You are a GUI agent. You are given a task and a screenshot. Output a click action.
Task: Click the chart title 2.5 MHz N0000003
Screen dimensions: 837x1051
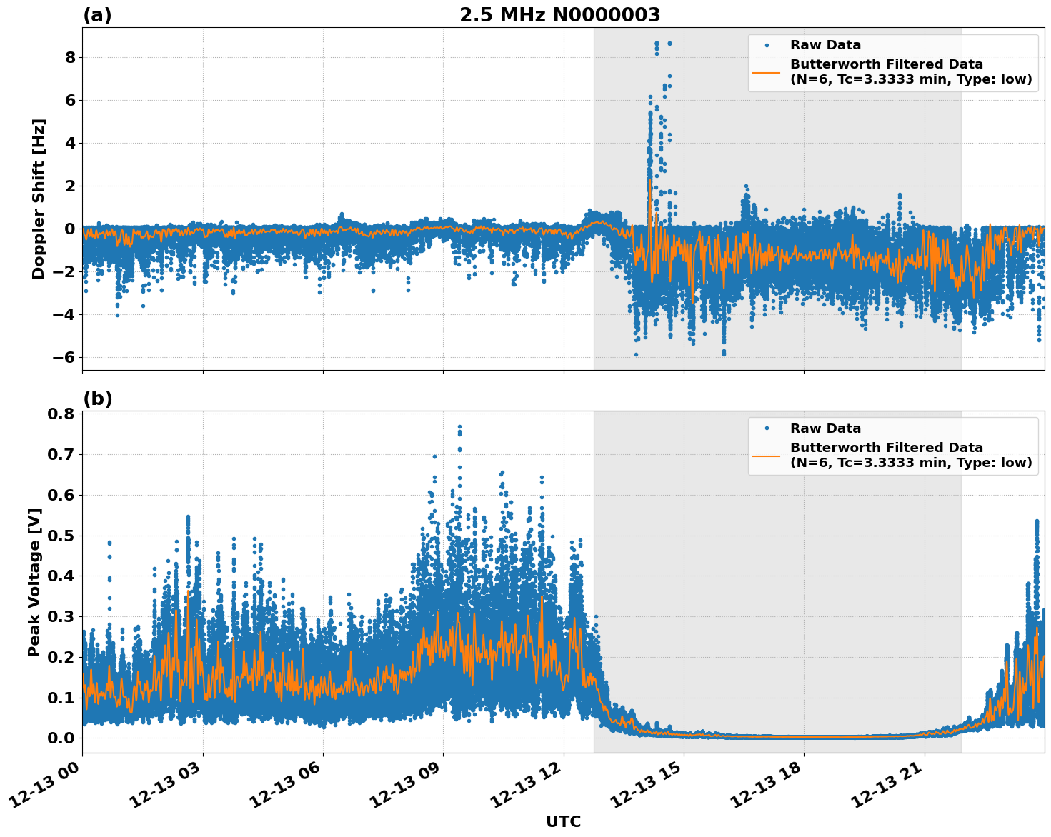click(559, 15)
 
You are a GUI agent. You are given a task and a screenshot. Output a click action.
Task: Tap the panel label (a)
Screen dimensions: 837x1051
click(97, 15)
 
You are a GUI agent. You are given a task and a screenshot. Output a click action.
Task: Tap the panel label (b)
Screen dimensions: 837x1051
click(97, 399)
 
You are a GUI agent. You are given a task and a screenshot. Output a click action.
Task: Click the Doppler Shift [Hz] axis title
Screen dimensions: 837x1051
click(39, 199)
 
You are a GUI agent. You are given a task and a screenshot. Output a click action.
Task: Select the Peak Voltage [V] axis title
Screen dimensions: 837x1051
click(34, 582)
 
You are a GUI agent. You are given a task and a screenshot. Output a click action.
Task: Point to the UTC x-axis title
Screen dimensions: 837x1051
click(563, 821)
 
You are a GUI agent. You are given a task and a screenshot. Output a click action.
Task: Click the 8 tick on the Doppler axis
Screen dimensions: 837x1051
click(70, 57)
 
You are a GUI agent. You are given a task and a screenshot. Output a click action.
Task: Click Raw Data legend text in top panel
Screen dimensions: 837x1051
click(825, 45)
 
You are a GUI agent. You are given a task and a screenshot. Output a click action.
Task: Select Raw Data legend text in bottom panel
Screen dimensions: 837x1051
click(825, 428)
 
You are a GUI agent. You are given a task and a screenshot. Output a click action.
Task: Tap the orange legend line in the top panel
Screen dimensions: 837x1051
click(766, 72)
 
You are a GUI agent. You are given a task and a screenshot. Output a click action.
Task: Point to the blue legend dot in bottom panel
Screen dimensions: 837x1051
click(766, 428)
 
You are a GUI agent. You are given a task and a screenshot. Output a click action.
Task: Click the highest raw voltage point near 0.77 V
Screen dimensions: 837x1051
click(459, 427)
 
